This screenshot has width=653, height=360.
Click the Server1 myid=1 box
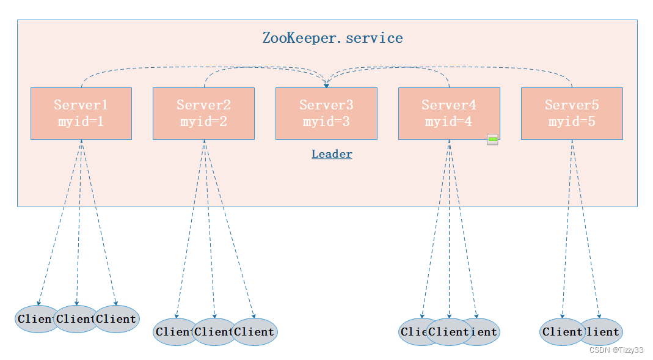pos(81,113)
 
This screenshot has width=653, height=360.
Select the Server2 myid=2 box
pos(203,113)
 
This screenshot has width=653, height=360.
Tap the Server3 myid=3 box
pos(326,113)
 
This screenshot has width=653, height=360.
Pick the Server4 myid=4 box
pos(448,113)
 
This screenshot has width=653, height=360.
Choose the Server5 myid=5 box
pos(572,113)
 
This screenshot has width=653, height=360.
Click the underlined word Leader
pos(332,154)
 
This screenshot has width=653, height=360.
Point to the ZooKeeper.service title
pos(332,38)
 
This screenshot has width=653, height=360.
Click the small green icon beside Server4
pos(492,139)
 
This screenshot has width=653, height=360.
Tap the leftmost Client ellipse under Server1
pos(34,319)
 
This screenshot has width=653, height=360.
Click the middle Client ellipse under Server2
pos(214,332)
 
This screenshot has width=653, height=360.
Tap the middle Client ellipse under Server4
pos(449,332)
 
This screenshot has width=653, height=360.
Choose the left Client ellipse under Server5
pos(561,332)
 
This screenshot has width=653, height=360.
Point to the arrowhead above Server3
pos(326,86)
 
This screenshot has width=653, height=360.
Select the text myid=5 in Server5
pos(572,122)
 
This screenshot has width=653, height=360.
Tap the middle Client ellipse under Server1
pos(76,319)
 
